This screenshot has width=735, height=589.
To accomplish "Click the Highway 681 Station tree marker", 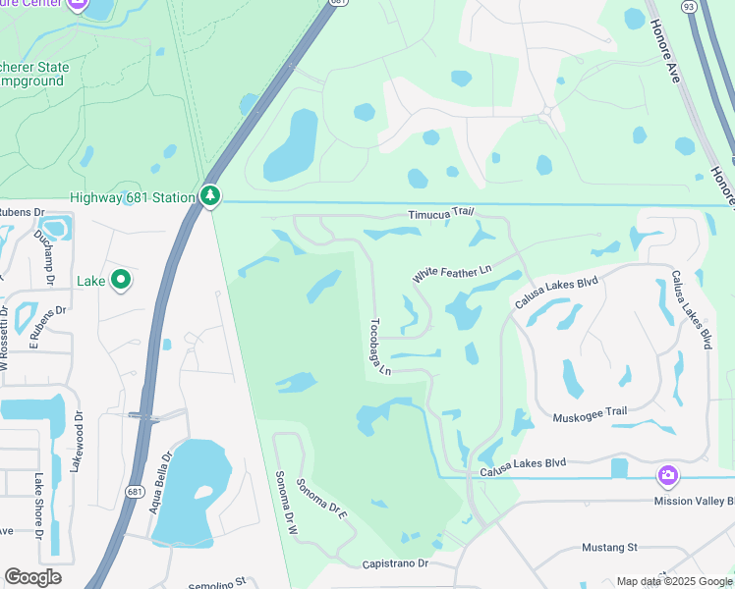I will coord(210,197).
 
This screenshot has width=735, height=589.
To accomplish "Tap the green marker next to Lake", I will coord(121,281).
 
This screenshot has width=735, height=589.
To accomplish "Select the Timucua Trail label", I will coord(441,214).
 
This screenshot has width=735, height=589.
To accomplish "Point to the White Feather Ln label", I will coord(451,272).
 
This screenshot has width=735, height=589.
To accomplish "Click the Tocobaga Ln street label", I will coord(380,346).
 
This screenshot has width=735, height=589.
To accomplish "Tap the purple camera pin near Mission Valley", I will coord(668,476).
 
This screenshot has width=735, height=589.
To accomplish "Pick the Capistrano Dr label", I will coord(395,564).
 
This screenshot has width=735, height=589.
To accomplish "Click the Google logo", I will coord(32,577).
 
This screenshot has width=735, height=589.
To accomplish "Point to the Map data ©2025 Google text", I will coord(673,581).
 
